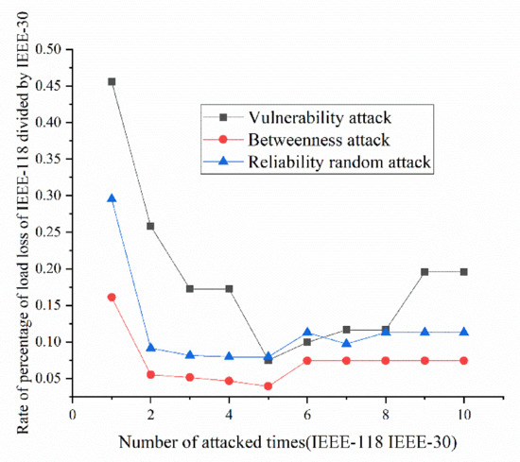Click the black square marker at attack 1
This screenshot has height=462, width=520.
pos(112,81)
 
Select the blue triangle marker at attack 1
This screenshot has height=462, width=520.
pos(112,198)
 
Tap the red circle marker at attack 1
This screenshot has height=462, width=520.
pos(112,297)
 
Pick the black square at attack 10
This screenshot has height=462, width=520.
pos(464,272)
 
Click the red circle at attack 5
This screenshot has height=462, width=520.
pos(269,385)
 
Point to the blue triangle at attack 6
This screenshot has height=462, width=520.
pos(307,333)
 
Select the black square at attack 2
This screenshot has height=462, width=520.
pos(150,226)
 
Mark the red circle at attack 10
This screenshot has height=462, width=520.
pos(464,360)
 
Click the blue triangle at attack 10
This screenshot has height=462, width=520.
pos(464,332)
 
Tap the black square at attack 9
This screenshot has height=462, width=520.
pos(425,272)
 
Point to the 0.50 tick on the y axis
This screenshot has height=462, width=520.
pos(46,49)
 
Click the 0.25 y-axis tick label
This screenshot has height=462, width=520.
pos(46,232)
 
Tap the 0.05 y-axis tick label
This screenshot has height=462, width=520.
pos(46,379)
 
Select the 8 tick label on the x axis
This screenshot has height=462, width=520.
pos(386,414)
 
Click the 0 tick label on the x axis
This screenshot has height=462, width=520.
pos(73,414)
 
